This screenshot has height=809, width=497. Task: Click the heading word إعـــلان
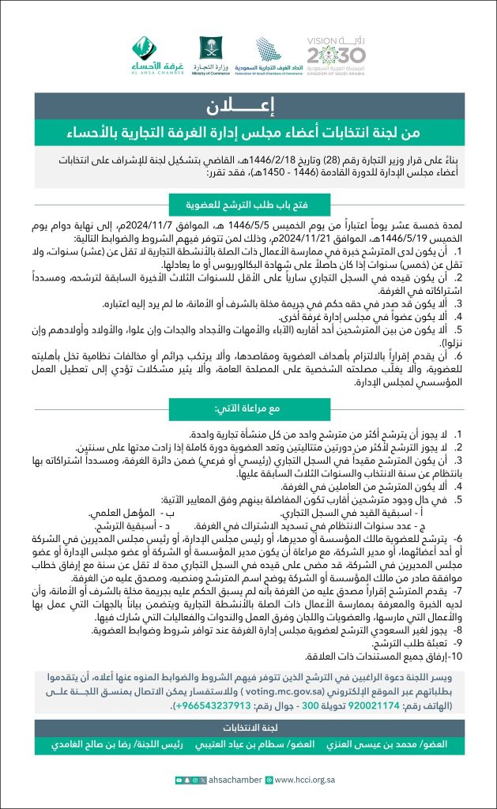(248, 105)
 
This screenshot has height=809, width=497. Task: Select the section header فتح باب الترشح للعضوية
(248, 201)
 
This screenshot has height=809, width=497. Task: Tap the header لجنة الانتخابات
(248, 725)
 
